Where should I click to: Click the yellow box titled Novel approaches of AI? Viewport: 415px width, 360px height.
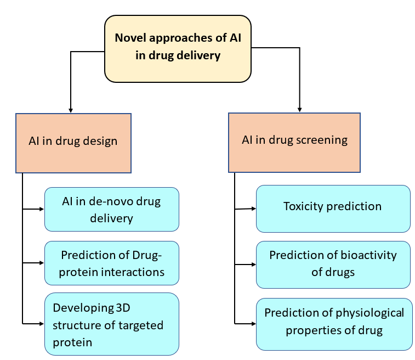pyautogui.click(x=178, y=49)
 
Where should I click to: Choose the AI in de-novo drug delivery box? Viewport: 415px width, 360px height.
pyautogui.click(x=112, y=209)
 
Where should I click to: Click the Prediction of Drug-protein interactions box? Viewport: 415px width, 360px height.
pyautogui.click(x=112, y=263)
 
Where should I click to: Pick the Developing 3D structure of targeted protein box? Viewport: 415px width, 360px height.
pyautogui.click(x=112, y=324)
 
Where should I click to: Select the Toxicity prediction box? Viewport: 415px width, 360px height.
pyautogui.click(x=333, y=208)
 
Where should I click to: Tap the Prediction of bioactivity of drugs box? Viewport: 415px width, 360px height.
pyautogui.click(x=333, y=265)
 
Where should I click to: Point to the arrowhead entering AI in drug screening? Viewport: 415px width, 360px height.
pyautogui.click(x=299, y=109)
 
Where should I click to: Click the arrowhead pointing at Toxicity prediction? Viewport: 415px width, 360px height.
pyautogui.click(x=253, y=208)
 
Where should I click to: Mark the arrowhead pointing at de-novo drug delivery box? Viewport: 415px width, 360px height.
pyautogui.click(x=41, y=209)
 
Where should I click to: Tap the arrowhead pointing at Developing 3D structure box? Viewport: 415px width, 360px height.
pyautogui.click(x=41, y=323)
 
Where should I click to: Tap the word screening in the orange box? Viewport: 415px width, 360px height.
pyautogui.click(x=321, y=140)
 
